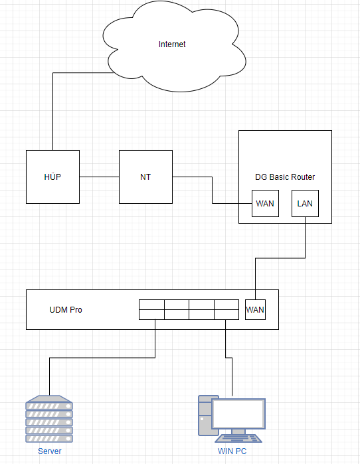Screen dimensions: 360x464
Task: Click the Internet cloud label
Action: pos(172,44)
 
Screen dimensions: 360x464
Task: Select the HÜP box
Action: pos(52,177)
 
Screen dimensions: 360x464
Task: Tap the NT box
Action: pos(145,177)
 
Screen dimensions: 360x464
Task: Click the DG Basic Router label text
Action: pos(285,177)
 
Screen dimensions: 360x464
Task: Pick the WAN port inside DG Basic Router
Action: pos(265,204)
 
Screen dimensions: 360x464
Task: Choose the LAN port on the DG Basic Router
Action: pos(306,204)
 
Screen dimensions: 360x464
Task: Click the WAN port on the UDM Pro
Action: pos(255,310)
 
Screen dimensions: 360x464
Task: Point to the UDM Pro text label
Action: pos(66,310)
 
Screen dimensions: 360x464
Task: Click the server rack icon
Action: pos(49,419)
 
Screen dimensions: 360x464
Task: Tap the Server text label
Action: pos(49,451)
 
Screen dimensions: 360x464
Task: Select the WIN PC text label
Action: pos(232,451)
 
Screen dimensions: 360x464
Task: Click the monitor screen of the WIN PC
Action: pos(238,414)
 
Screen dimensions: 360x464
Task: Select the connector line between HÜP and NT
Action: pos(99,177)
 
